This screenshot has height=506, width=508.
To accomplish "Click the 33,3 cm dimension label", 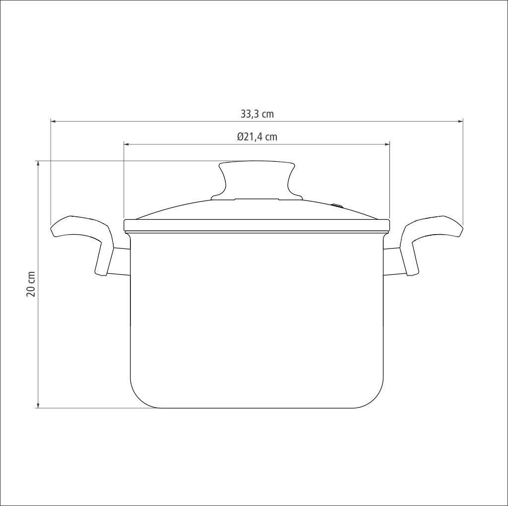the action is click(257, 114).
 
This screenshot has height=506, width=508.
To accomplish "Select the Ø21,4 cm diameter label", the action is click(257, 137).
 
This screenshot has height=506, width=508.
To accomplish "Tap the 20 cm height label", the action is click(31, 284).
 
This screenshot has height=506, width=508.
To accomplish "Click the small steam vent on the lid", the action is click(337, 205).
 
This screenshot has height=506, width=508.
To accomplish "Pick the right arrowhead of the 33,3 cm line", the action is click(460, 122).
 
